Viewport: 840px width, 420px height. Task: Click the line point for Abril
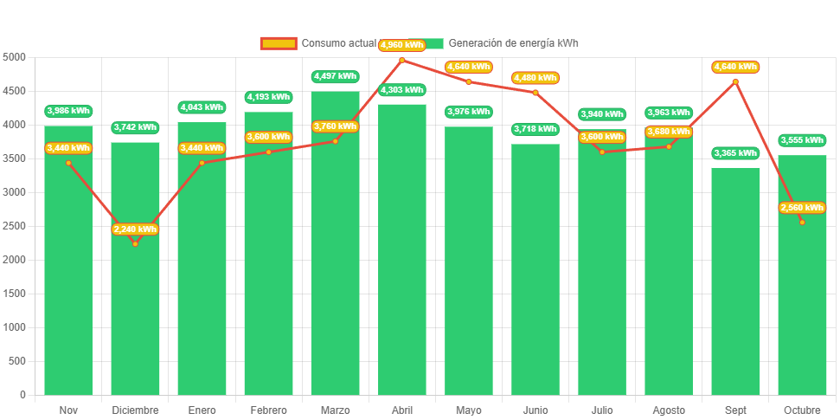[401, 60]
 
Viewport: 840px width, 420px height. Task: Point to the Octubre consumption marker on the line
[802, 222]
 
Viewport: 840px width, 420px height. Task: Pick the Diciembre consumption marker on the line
[135, 243]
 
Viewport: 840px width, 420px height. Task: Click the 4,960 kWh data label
[401, 45]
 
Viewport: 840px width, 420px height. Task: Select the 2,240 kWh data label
[135, 229]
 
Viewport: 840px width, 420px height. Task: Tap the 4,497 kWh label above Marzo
[335, 76]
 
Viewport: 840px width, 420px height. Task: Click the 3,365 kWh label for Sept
[735, 153]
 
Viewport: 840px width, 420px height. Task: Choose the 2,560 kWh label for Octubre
[802, 208]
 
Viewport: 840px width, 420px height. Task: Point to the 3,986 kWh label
[68, 111]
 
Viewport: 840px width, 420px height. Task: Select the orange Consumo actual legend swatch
[278, 43]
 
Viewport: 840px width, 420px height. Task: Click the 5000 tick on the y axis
[15, 57]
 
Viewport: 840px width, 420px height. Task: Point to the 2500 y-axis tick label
[15, 226]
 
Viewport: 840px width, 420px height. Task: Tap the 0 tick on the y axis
[22, 395]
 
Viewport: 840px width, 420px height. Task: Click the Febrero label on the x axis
[268, 410]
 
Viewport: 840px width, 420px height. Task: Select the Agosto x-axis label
[669, 410]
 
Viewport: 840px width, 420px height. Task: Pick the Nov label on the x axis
[68, 410]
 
